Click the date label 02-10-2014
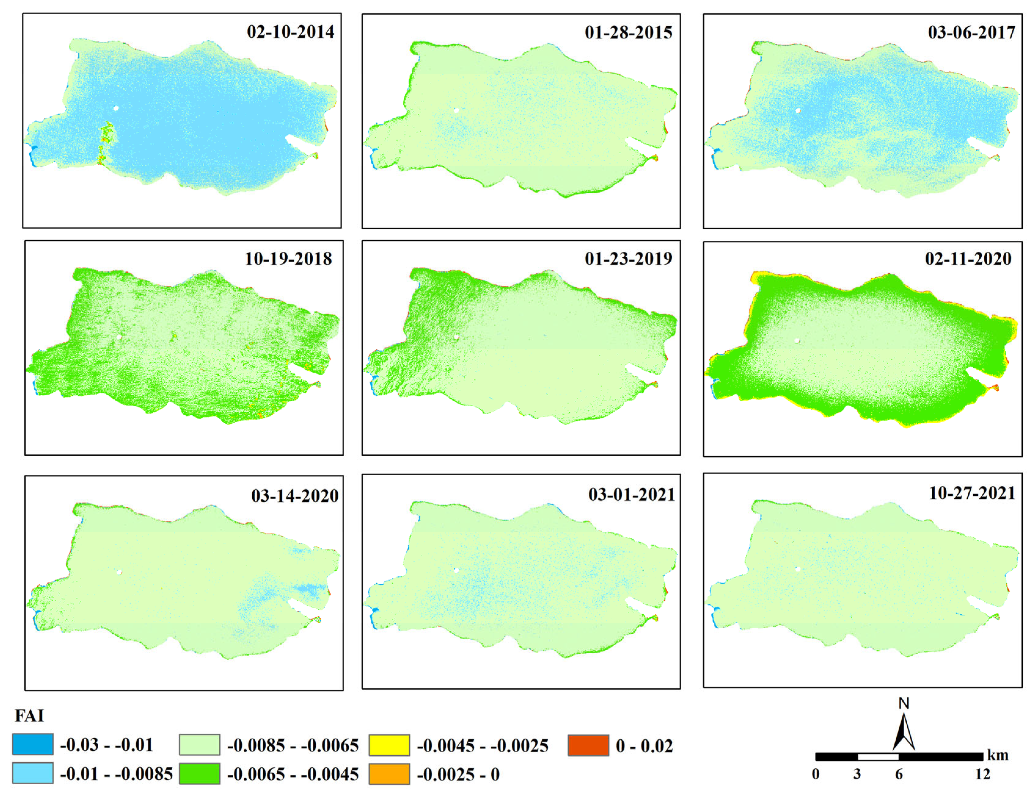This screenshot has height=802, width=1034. [290, 32]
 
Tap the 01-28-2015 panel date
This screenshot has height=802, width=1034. [628, 32]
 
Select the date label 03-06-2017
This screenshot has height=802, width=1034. [971, 32]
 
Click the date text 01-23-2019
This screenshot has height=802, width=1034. [628, 258]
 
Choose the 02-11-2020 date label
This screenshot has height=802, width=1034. [968, 258]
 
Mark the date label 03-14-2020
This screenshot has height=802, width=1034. [294, 496]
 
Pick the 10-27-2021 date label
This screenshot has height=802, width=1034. [971, 493]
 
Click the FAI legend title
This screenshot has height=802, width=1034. [29, 715]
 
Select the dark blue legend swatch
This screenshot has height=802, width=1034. [33, 745]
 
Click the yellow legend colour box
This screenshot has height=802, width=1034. [389, 745]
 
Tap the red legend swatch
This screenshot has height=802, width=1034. [588, 745]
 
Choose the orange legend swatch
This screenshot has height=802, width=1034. [389, 774]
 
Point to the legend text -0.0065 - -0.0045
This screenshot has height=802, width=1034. [293, 775]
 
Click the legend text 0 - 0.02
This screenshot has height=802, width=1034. [644, 746]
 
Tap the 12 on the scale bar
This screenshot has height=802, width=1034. [982, 774]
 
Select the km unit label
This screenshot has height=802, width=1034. [998, 755]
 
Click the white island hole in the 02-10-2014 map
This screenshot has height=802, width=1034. [116, 108]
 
